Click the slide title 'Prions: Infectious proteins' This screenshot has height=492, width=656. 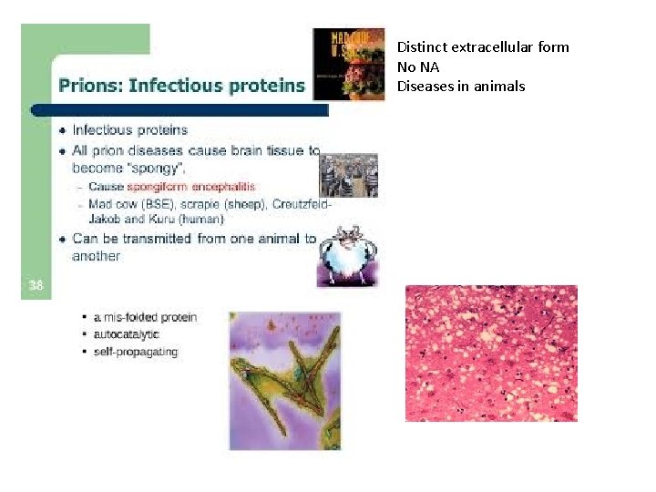click(181, 86)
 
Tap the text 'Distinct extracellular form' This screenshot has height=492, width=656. click(483, 46)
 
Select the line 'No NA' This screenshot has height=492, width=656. click(417, 67)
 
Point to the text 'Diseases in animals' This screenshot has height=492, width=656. click(460, 87)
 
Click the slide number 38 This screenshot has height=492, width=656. click(35, 285)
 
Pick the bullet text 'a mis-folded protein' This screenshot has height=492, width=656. click(144, 317)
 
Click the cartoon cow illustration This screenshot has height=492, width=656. click(346, 256)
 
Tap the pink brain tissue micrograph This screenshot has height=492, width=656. click(491, 354)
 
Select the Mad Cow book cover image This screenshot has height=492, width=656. click(349, 63)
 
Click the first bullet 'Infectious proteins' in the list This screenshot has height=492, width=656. click(129, 130)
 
